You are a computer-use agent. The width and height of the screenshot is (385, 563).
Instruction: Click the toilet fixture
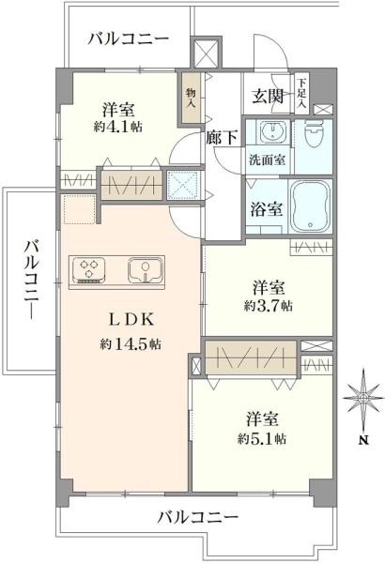(x=314, y=132)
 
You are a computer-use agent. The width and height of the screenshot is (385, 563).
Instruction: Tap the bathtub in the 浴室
(x=311, y=205)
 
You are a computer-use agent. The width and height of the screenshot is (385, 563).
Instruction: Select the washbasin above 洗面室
(x=272, y=131)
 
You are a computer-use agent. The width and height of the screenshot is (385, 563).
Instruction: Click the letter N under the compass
(x=364, y=440)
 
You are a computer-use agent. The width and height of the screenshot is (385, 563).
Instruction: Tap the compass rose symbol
(x=363, y=399)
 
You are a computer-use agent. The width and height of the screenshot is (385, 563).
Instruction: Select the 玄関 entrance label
(x=268, y=97)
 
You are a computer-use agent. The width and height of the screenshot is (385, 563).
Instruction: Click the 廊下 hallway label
(x=222, y=138)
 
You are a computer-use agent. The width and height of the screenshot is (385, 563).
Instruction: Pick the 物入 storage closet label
(x=191, y=99)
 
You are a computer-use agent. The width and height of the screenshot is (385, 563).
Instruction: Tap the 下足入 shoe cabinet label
(x=302, y=94)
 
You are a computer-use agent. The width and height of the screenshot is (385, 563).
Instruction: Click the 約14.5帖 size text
(x=131, y=344)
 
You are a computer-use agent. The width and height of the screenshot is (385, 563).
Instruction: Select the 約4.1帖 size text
(x=118, y=127)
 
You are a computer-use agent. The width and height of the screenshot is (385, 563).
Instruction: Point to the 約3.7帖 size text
(x=269, y=306)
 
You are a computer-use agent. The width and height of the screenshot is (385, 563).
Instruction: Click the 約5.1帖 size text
(x=262, y=438)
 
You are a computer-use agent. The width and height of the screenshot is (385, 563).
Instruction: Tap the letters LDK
(x=131, y=319)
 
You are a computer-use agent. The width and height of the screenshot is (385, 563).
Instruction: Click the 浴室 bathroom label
(x=266, y=209)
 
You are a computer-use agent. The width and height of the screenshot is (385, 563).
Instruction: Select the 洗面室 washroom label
(x=268, y=160)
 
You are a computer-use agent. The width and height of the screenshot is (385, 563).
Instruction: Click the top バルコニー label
(x=129, y=38)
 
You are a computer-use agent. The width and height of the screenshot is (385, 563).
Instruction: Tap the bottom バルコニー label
(x=198, y=517)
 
